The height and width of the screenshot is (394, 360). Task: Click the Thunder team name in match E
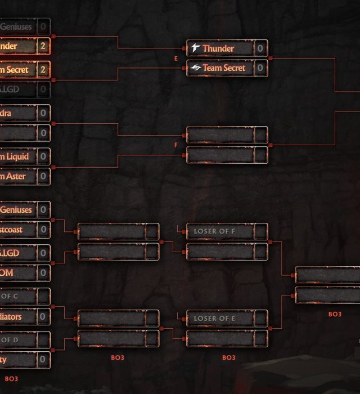click(x=218, y=48)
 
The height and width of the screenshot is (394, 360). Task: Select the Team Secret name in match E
click(x=224, y=68)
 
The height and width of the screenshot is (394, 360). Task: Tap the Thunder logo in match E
click(x=195, y=48)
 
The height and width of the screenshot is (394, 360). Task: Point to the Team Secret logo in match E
click(x=195, y=68)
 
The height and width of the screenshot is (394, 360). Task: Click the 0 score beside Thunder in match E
click(x=260, y=48)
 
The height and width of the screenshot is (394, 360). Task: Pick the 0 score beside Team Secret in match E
click(x=260, y=68)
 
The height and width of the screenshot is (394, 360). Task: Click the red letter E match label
click(x=176, y=58)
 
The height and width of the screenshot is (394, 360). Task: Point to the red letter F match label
click(x=176, y=145)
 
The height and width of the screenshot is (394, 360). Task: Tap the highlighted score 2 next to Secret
click(x=43, y=70)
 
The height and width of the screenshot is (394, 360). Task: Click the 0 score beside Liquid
click(x=43, y=156)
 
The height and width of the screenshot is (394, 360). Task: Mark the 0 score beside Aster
click(x=43, y=177)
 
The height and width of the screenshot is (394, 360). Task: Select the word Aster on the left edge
click(x=16, y=177)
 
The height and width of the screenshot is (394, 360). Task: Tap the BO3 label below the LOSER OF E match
click(x=228, y=357)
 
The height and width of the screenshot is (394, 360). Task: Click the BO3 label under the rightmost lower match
click(x=335, y=314)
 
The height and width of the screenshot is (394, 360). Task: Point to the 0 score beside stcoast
click(x=43, y=230)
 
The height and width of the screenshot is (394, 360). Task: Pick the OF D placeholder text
click(x=10, y=340)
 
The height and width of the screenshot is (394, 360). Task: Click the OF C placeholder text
click(x=10, y=297)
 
